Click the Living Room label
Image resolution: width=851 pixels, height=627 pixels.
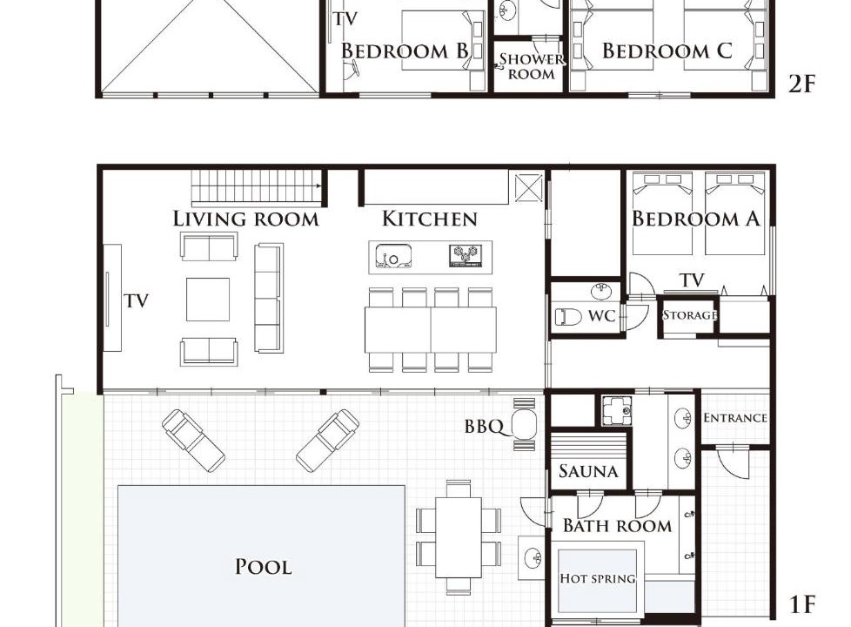(x=246, y=219)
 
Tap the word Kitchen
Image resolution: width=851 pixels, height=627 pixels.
(x=430, y=219)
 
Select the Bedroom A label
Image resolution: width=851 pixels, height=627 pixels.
(x=696, y=219)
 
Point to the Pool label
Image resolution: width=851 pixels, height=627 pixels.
(x=264, y=567)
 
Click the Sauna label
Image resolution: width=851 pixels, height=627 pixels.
(x=588, y=471)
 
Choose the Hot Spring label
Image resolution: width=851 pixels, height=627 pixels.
(x=598, y=578)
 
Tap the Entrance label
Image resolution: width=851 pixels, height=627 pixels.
(x=735, y=418)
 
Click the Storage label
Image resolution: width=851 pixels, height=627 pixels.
(x=690, y=315)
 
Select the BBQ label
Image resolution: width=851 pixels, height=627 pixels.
(x=484, y=427)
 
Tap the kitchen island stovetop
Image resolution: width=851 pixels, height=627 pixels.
(x=466, y=255)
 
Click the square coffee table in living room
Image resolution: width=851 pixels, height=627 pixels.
(x=208, y=300)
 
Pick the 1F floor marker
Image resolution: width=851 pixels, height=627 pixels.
(x=801, y=604)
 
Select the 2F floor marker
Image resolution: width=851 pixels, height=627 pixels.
(x=801, y=84)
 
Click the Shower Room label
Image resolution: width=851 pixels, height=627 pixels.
(x=532, y=66)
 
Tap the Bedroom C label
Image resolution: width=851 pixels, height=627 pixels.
(x=667, y=51)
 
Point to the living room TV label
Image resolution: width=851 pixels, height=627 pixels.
(x=137, y=300)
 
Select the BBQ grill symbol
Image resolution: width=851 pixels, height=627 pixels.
(x=524, y=424)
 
